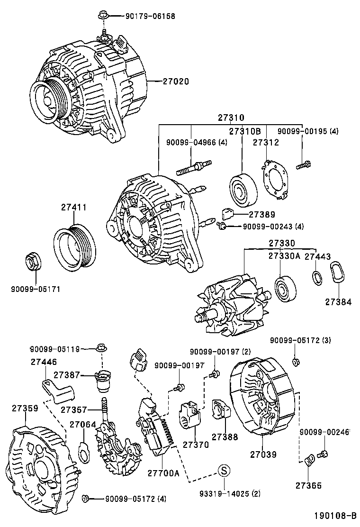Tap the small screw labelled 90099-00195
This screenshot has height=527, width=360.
pos(303,165)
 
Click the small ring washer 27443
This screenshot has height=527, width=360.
pos(316,278)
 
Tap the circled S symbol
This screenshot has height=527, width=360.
pos(224,471)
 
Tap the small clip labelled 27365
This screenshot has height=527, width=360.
pos(309,460)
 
